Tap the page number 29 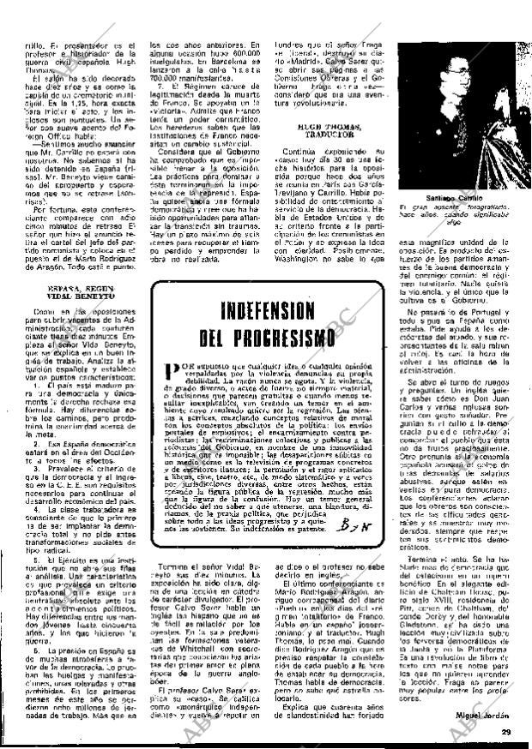[506, 730]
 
